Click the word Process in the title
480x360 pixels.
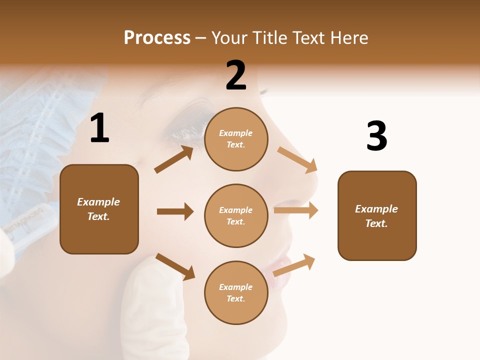pos(157,38)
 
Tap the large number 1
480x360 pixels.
pos(99,128)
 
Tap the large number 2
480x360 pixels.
pos(236,75)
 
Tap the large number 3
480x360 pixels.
pos(376,136)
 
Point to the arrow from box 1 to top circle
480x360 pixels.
pos(174,159)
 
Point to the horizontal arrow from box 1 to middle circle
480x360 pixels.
pos(175,211)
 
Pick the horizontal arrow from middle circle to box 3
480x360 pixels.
pos(296,210)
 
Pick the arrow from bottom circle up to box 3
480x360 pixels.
pos(294,265)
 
